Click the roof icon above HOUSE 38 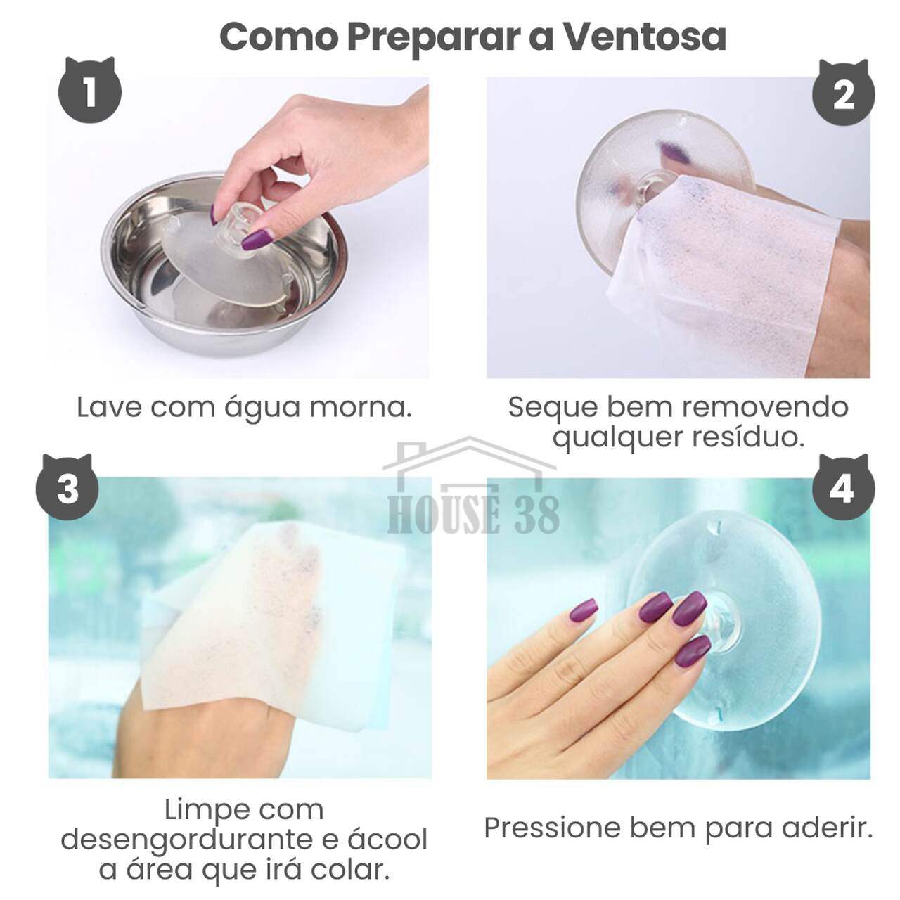(470, 457)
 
